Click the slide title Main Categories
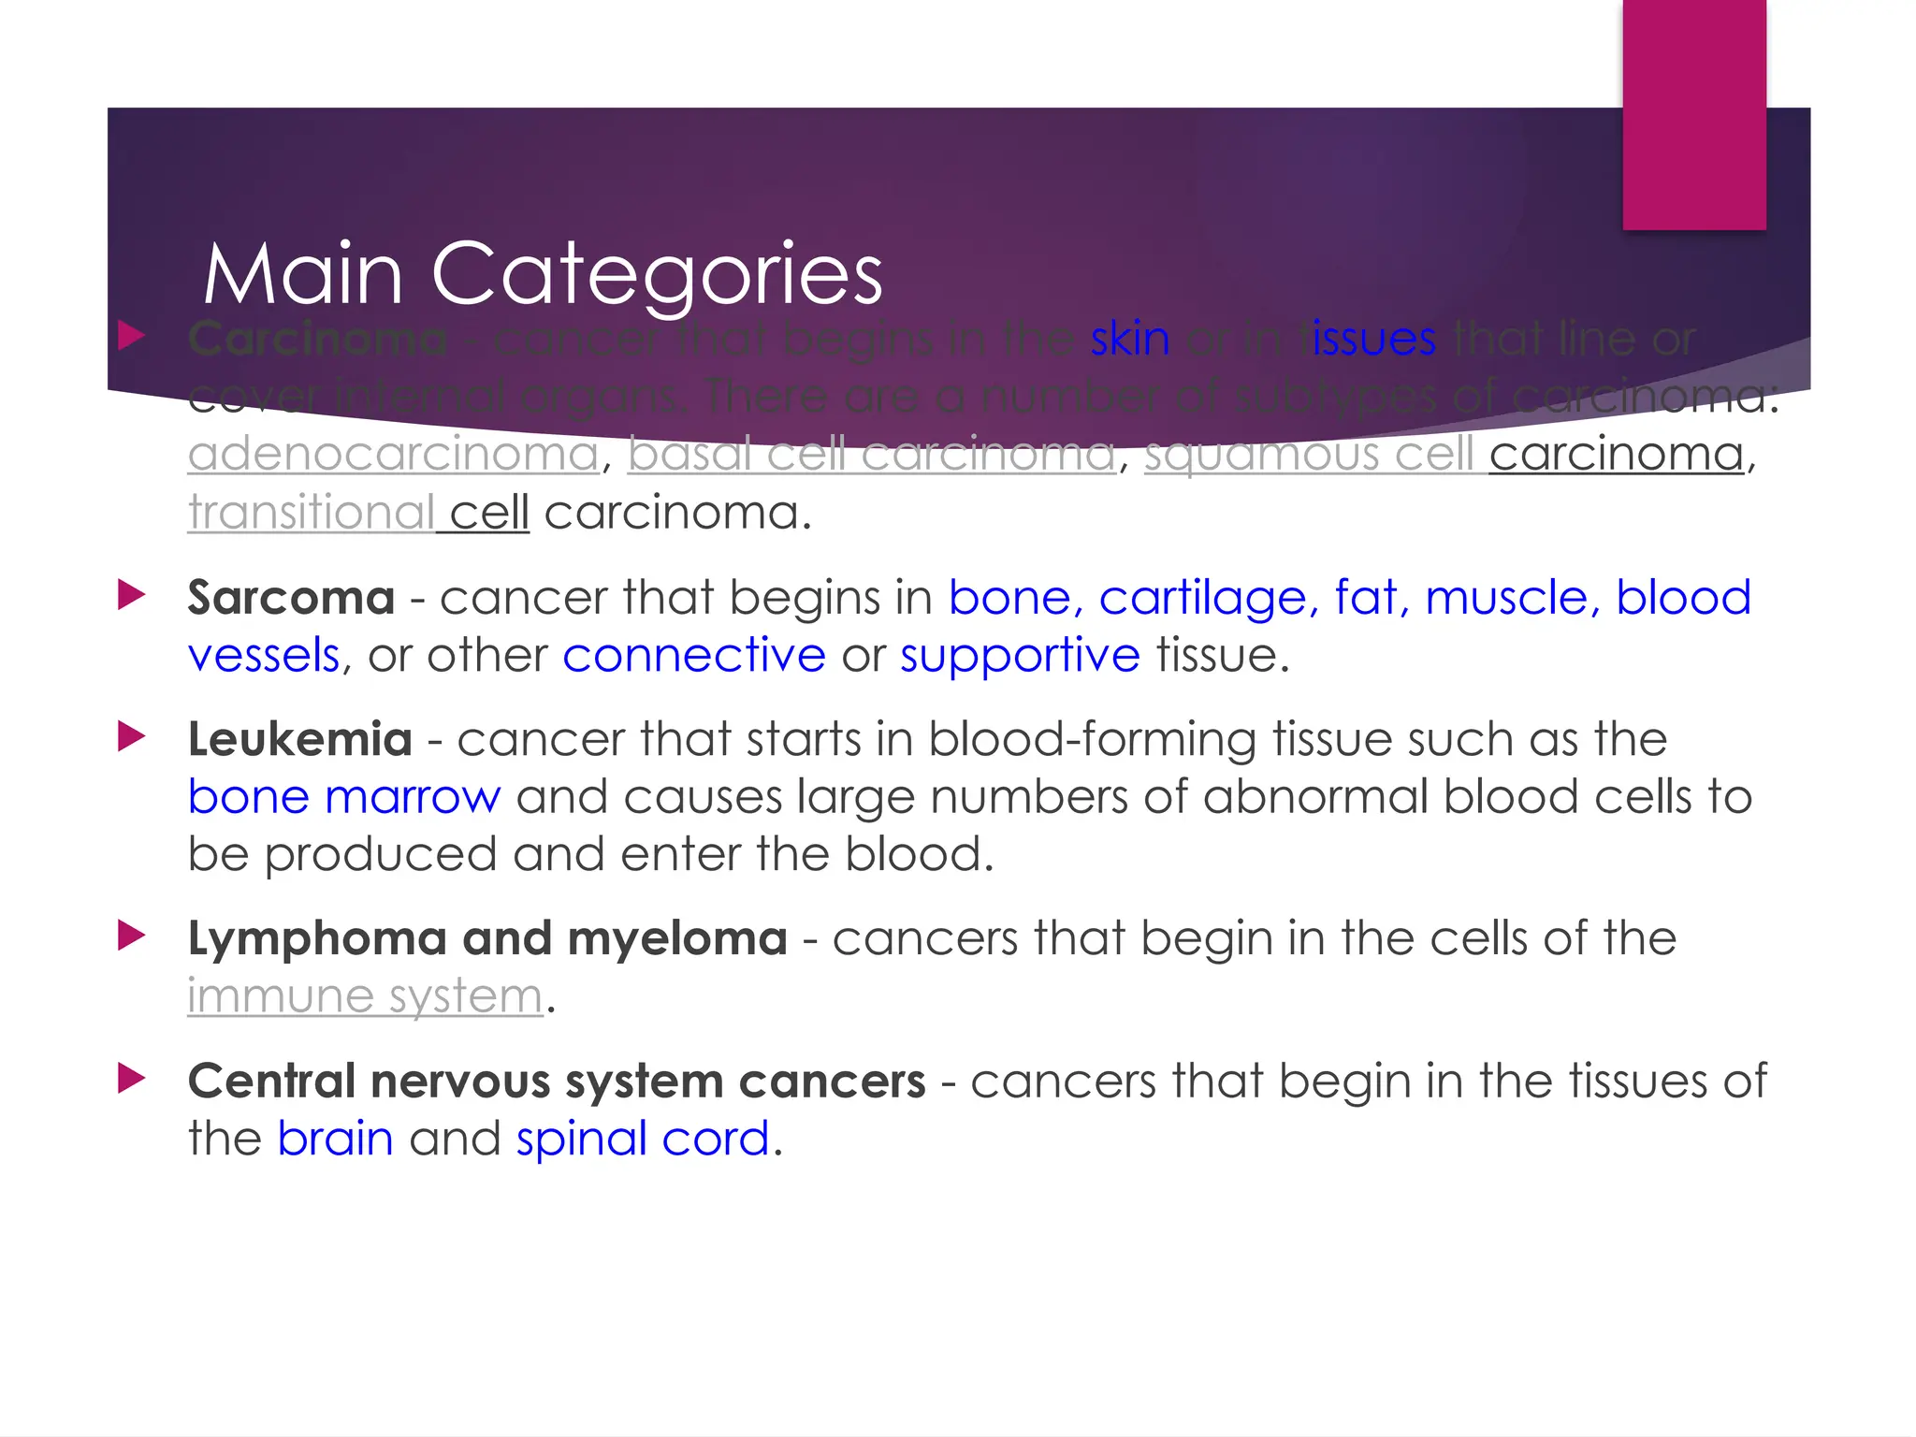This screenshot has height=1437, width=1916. tap(543, 273)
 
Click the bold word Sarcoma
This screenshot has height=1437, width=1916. tap(291, 598)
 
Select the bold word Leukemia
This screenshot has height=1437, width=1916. tap(299, 740)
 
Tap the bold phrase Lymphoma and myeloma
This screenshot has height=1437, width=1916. tap(487, 938)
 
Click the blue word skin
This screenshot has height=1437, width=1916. tap(1129, 339)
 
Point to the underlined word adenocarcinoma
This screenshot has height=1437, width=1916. tap(393, 455)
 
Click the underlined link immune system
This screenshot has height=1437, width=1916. tap(365, 996)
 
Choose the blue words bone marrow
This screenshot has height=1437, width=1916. tap(344, 797)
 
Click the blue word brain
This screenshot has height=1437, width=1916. tap(335, 1139)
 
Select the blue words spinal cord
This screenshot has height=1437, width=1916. tap(643, 1139)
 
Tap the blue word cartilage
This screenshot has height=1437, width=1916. tap(1208, 598)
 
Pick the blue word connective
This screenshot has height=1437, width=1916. tap(694, 655)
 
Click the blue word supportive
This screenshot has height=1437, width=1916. tap(1020, 655)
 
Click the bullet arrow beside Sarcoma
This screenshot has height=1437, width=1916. tap(132, 594)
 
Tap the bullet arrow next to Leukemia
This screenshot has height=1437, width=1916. tap(132, 736)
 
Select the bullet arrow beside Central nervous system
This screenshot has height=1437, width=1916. tap(132, 1078)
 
